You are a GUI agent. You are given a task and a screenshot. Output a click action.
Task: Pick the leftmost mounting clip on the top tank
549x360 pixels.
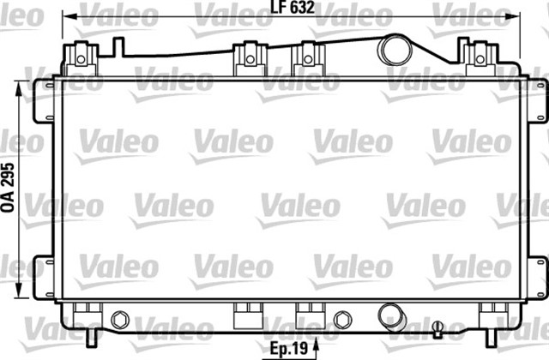[x=82, y=57]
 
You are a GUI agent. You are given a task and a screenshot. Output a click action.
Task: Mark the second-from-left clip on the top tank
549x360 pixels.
[x=248, y=57]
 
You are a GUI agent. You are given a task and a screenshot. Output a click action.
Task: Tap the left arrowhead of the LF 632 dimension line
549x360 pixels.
[x=69, y=17]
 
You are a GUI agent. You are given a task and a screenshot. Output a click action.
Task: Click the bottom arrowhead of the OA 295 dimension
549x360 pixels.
[x=21, y=291]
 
